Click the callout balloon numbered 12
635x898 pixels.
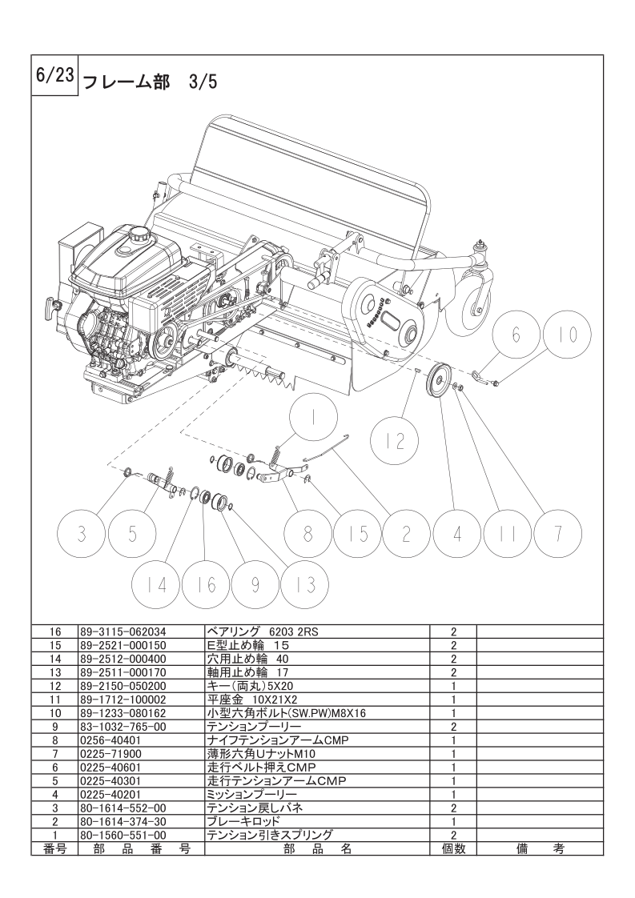click(395, 441)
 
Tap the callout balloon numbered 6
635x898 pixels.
click(516, 335)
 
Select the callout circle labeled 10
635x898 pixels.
click(568, 335)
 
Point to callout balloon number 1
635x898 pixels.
click(313, 419)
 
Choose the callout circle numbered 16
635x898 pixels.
click(207, 585)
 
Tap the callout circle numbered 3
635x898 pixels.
click(82, 534)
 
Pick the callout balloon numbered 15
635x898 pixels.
click(358, 534)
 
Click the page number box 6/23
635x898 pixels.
click(54, 76)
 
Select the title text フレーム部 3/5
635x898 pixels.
click(151, 82)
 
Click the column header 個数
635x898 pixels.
click(453, 848)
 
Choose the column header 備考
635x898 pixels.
click(540, 848)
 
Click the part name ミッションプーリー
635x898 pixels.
click(251, 794)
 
